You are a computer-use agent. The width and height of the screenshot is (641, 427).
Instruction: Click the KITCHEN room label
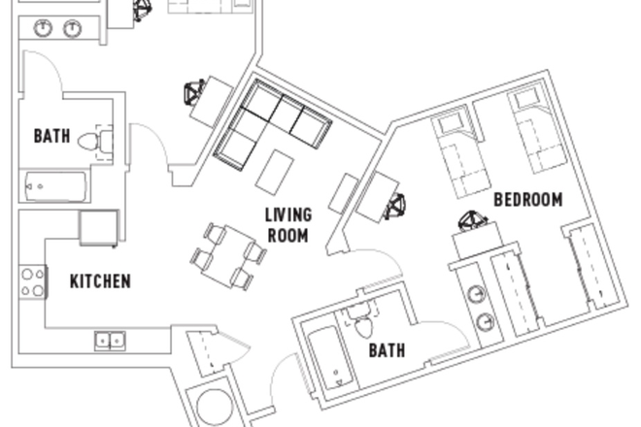[x=100, y=282]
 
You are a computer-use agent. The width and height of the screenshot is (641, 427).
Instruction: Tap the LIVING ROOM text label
[x=288, y=224]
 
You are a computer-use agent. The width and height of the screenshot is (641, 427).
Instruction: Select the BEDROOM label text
[x=528, y=200]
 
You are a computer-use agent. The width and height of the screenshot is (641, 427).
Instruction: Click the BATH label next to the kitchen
[x=51, y=136]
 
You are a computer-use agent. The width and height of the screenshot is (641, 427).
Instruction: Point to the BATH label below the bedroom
[x=387, y=350]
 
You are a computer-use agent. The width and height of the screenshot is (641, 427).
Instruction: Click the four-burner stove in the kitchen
[x=32, y=281]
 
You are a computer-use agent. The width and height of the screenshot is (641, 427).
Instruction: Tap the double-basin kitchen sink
[x=110, y=340]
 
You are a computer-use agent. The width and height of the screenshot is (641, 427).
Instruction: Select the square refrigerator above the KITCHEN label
[x=98, y=228]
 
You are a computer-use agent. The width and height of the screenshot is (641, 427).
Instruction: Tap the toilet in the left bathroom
[x=90, y=141]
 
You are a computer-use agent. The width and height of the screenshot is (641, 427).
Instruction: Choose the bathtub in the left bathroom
[x=54, y=185]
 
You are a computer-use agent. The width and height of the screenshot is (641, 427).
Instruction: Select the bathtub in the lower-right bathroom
[x=327, y=355]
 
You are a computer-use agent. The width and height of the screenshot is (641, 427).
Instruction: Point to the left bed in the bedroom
[x=457, y=150]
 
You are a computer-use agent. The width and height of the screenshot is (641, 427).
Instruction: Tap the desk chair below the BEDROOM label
[x=472, y=224]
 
